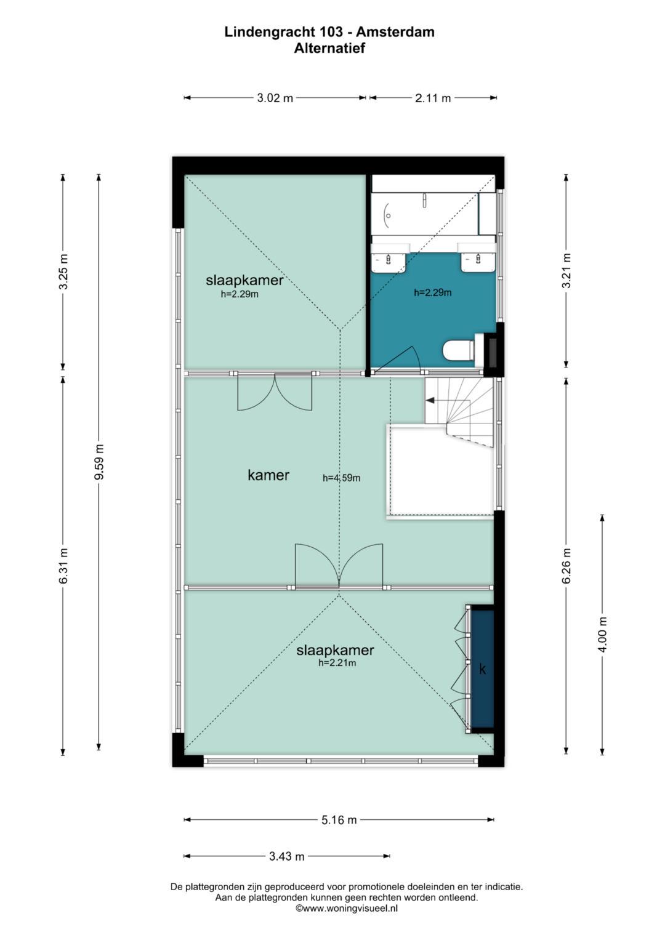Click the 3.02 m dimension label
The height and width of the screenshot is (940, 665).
click(275, 98)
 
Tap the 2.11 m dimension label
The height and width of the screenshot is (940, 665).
click(433, 98)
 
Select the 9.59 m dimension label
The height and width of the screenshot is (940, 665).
click(99, 462)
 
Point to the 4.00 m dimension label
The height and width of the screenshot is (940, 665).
click(602, 634)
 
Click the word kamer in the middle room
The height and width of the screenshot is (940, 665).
click(268, 475)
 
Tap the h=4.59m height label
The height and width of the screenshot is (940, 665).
click(341, 478)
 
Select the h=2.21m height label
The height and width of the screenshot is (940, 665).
click(337, 663)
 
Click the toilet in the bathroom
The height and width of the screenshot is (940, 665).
click(459, 350)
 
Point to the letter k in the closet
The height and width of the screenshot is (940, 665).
click(482, 669)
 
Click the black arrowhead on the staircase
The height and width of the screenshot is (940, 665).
click(430, 400)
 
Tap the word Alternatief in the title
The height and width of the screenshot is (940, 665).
click(329, 48)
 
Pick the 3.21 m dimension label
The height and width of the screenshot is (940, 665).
click(566, 270)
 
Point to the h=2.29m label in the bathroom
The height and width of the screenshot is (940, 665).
click(433, 292)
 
